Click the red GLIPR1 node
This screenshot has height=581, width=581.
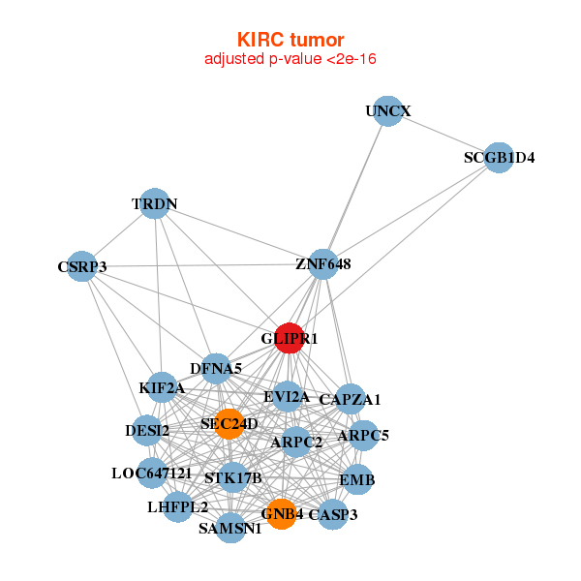290,338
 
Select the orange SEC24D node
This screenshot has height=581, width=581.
229,423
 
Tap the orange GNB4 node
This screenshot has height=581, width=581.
281,514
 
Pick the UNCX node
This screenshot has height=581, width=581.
387,111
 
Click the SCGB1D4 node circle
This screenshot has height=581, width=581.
498,157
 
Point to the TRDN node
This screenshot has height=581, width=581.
155,204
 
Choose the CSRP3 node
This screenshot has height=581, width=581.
82,266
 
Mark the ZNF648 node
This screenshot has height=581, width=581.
323,263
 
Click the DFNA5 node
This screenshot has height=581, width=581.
216,368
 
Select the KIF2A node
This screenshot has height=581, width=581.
162,388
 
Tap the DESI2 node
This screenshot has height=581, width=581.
147,430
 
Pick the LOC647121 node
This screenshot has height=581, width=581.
151,474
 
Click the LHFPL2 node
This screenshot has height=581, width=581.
177,505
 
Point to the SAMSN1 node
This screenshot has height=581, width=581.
230,528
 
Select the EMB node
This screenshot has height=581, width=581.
356,479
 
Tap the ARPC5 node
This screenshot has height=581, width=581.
363,436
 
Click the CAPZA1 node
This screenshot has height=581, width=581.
350,399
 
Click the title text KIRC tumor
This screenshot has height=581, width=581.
290,40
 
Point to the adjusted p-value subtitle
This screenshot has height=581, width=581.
290,59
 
